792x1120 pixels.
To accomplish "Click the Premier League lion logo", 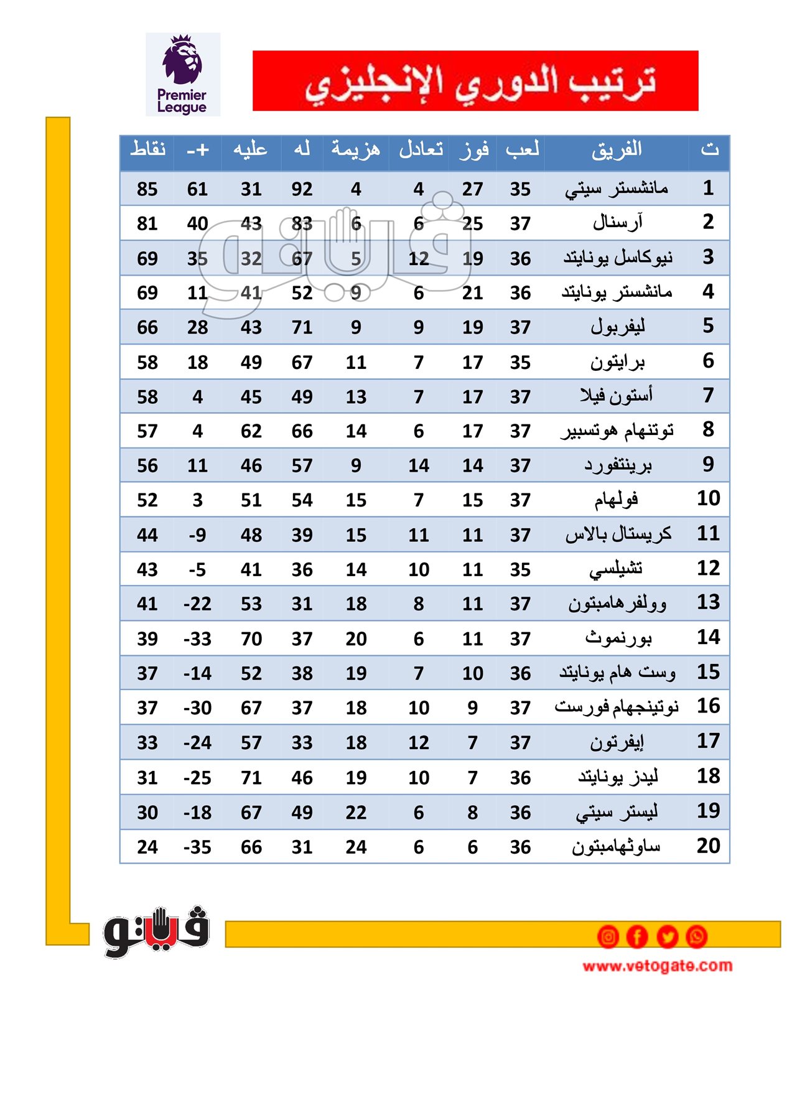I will [x=182, y=74].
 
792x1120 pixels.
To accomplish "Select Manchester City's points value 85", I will [x=147, y=189].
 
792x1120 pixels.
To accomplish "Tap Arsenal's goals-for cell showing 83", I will [x=302, y=223].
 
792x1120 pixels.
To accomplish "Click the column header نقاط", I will [x=148, y=149].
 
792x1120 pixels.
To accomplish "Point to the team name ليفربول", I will [x=617, y=327].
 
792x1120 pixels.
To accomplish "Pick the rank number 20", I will [x=708, y=846].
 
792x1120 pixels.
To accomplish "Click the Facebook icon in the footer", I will [x=637, y=936].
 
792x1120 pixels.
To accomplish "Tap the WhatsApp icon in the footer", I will [x=696, y=936].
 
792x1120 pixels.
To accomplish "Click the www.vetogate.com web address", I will [x=657, y=966].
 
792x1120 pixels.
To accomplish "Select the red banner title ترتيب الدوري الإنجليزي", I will [x=475, y=81].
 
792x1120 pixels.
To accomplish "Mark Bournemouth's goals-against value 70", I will [x=251, y=639].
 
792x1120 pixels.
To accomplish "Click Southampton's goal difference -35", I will [x=197, y=847].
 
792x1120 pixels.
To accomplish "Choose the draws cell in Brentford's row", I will [x=419, y=465].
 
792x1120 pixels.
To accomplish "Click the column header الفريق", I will [x=617, y=150].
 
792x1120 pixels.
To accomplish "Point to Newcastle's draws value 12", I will [x=419, y=258].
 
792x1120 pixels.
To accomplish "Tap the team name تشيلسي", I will [x=616, y=569].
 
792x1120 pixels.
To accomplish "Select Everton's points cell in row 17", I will [x=147, y=743].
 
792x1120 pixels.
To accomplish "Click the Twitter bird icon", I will [x=667, y=936].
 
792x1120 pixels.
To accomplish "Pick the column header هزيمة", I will [x=355, y=149].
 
